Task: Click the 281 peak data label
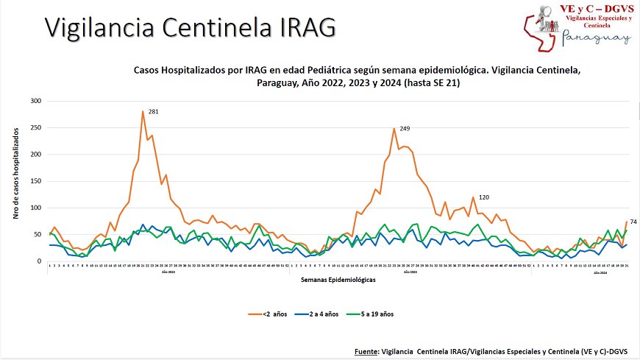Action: click(154, 112)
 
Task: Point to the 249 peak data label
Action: click(405, 129)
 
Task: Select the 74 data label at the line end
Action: click(633, 222)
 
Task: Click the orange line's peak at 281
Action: click(143, 111)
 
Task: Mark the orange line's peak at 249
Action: click(394, 129)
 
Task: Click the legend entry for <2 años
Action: click(274, 314)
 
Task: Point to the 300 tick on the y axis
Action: click(36, 101)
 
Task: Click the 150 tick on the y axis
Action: click(36, 181)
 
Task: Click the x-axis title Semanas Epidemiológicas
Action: click(338, 280)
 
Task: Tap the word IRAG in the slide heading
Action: click(308, 27)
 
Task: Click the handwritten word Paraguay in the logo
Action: click(596, 38)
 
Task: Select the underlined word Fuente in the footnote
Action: click(365, 352)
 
